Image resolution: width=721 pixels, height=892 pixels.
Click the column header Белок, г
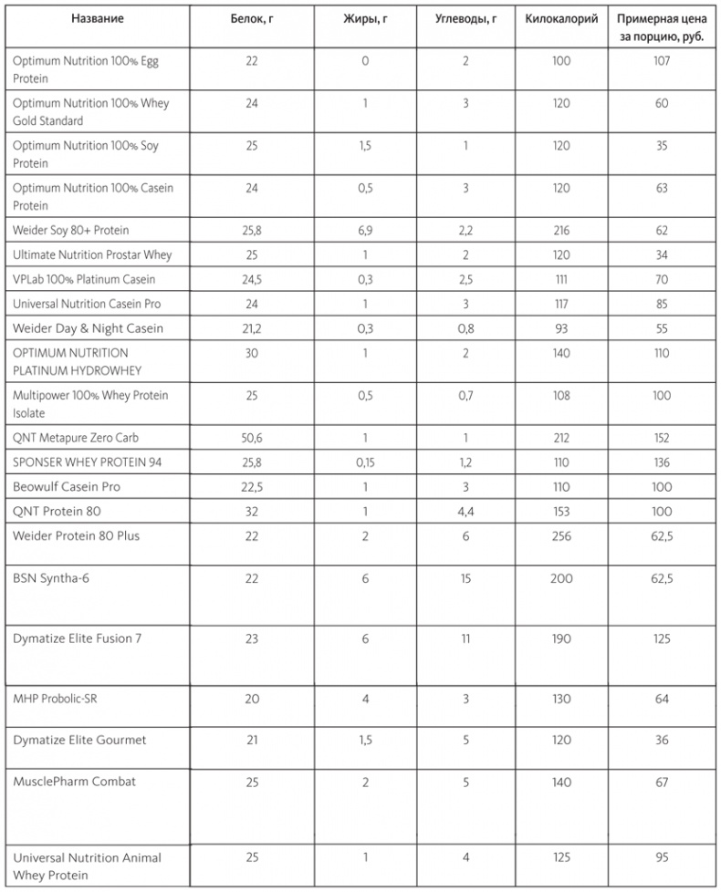[252, 19]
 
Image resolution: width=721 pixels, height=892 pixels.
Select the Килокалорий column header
[561, 19]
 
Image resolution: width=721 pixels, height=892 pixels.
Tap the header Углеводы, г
[465, 19]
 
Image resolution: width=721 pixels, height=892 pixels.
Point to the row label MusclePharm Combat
[75, 782]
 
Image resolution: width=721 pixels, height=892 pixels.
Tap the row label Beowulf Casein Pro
[67, 487]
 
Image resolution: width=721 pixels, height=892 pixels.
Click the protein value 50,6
[252, 438]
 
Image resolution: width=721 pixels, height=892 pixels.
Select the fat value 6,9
[365, 229]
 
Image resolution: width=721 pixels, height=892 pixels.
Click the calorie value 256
[561, 536]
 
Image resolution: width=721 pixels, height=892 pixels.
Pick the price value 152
[662, 438]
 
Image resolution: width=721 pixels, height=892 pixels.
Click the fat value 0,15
[365, 462]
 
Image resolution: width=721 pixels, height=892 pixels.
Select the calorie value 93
[561, 327]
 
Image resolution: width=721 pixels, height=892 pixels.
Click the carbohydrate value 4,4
[465, 512]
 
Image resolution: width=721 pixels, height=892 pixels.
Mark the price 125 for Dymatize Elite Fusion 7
[662, 638]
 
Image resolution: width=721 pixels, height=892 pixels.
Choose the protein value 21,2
[252, 327]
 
